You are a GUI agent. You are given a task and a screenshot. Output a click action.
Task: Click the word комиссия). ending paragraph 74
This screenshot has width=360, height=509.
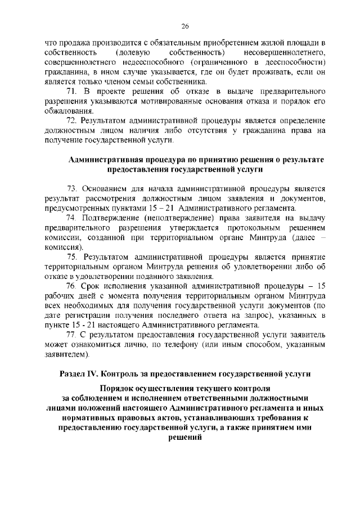(64, 247)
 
